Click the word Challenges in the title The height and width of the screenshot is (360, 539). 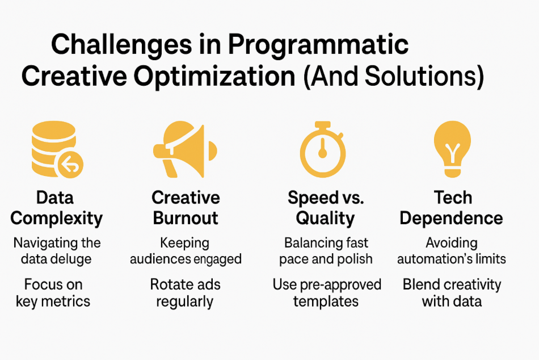point(121,45)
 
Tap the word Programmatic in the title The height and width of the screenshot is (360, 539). point(318,45)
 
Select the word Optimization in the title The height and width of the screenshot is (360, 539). point(214,76)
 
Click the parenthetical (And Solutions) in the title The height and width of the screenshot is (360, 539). point(394,76)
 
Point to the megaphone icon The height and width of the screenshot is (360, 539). point(185,149)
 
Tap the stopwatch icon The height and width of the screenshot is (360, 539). point(322,149)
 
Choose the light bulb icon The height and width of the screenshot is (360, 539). point(452,149)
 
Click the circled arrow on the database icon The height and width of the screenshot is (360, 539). point(70,165)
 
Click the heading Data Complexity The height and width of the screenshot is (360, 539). point(56,208)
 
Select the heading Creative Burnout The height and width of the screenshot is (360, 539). point(186,207)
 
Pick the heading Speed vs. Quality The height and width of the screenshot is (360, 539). point(326,208)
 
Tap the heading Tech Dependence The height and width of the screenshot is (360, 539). point(452,207)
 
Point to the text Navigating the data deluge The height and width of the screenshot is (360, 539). point(57,251)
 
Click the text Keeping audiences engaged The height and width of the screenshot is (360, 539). point(186,251)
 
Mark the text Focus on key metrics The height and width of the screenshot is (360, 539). point(53,293)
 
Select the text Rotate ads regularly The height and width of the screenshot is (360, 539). point(186,293)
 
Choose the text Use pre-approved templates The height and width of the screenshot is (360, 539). point(327,293)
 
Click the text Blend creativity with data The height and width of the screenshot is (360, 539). point(452,293)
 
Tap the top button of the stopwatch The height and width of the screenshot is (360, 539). point(323,125)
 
